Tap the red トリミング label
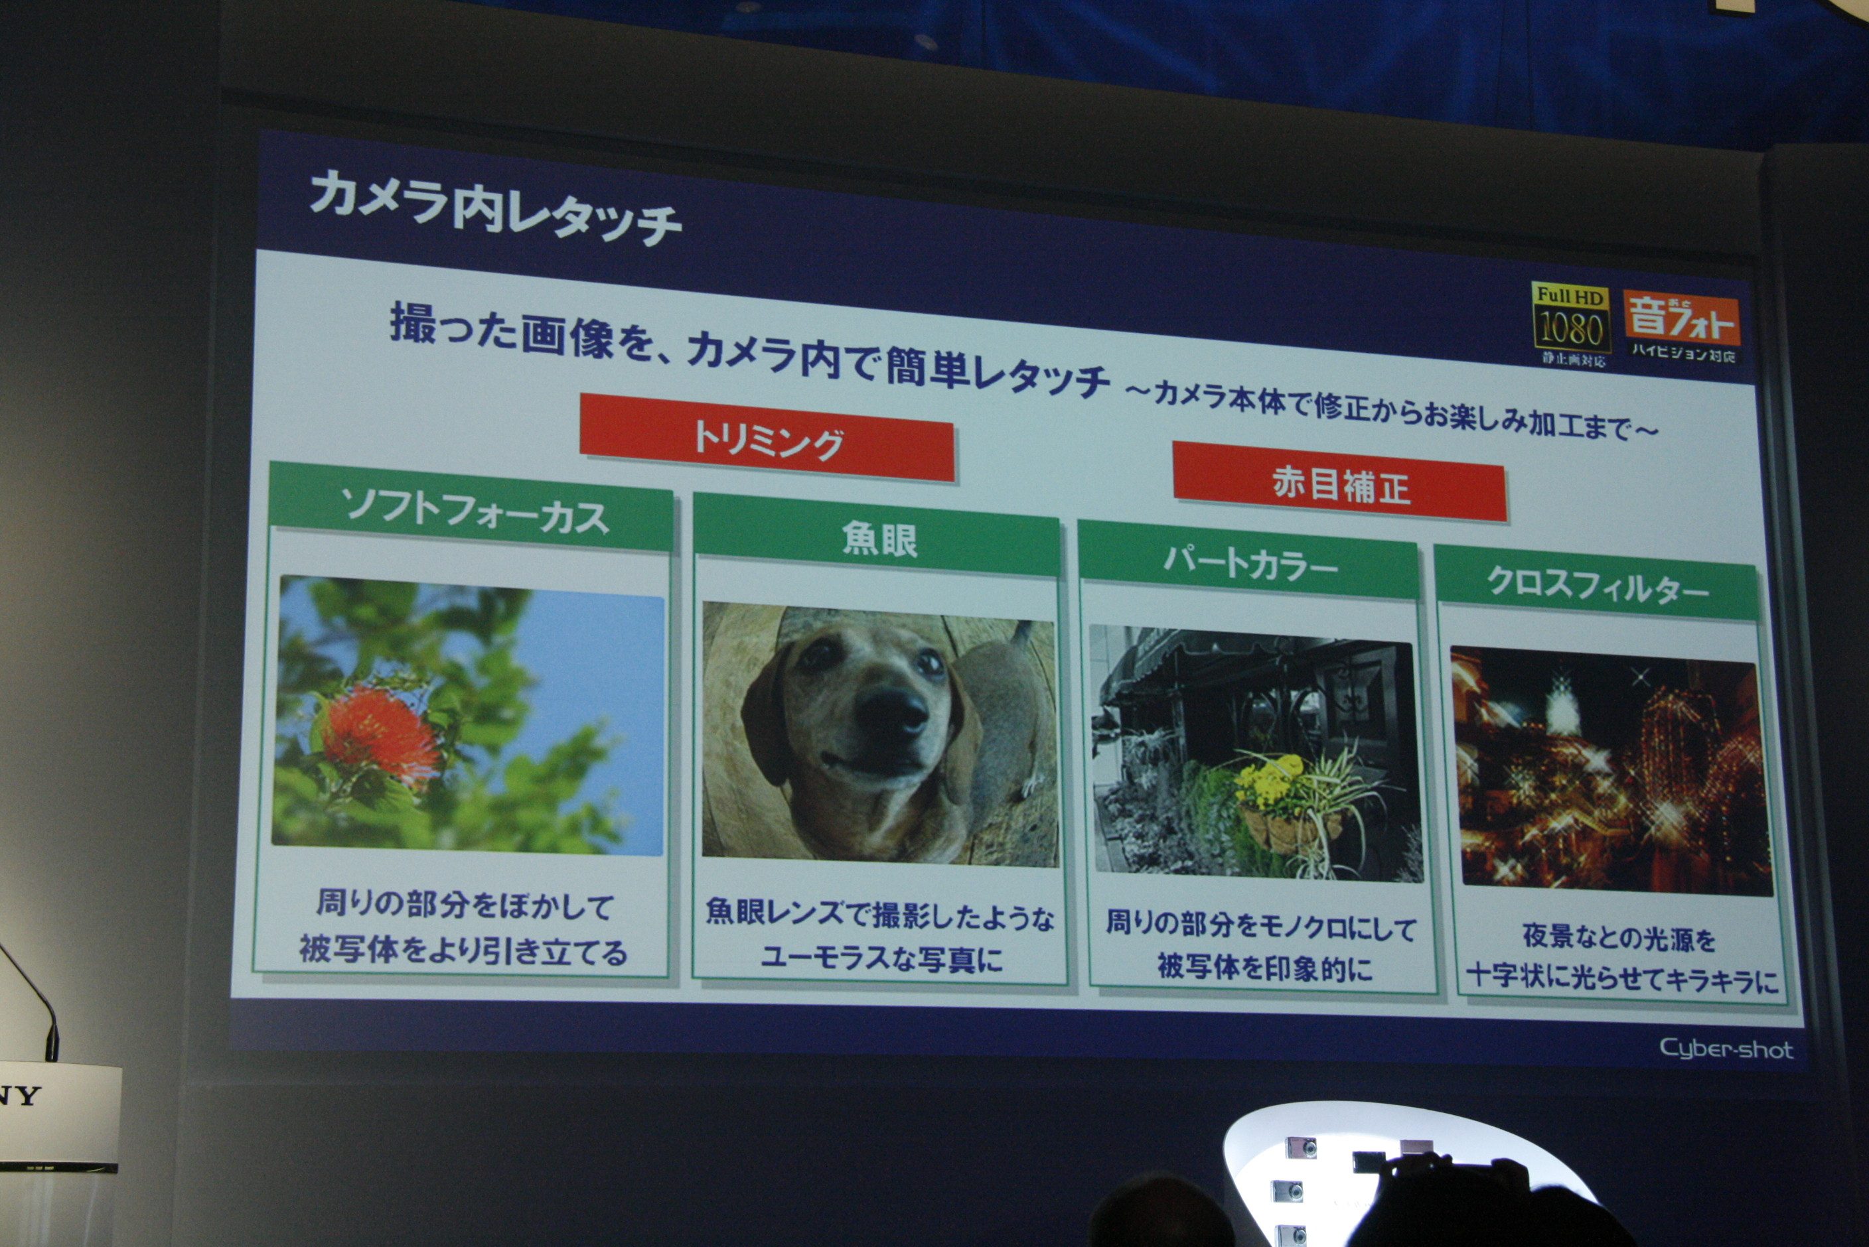coord(767,437)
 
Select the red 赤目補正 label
coord(1340,483)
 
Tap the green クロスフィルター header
coord(1596,584)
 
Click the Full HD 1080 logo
coord(1570,325)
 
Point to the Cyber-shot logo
coord(1726,1049)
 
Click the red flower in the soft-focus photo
coord(380,735)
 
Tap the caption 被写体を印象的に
coord(1264,967)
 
